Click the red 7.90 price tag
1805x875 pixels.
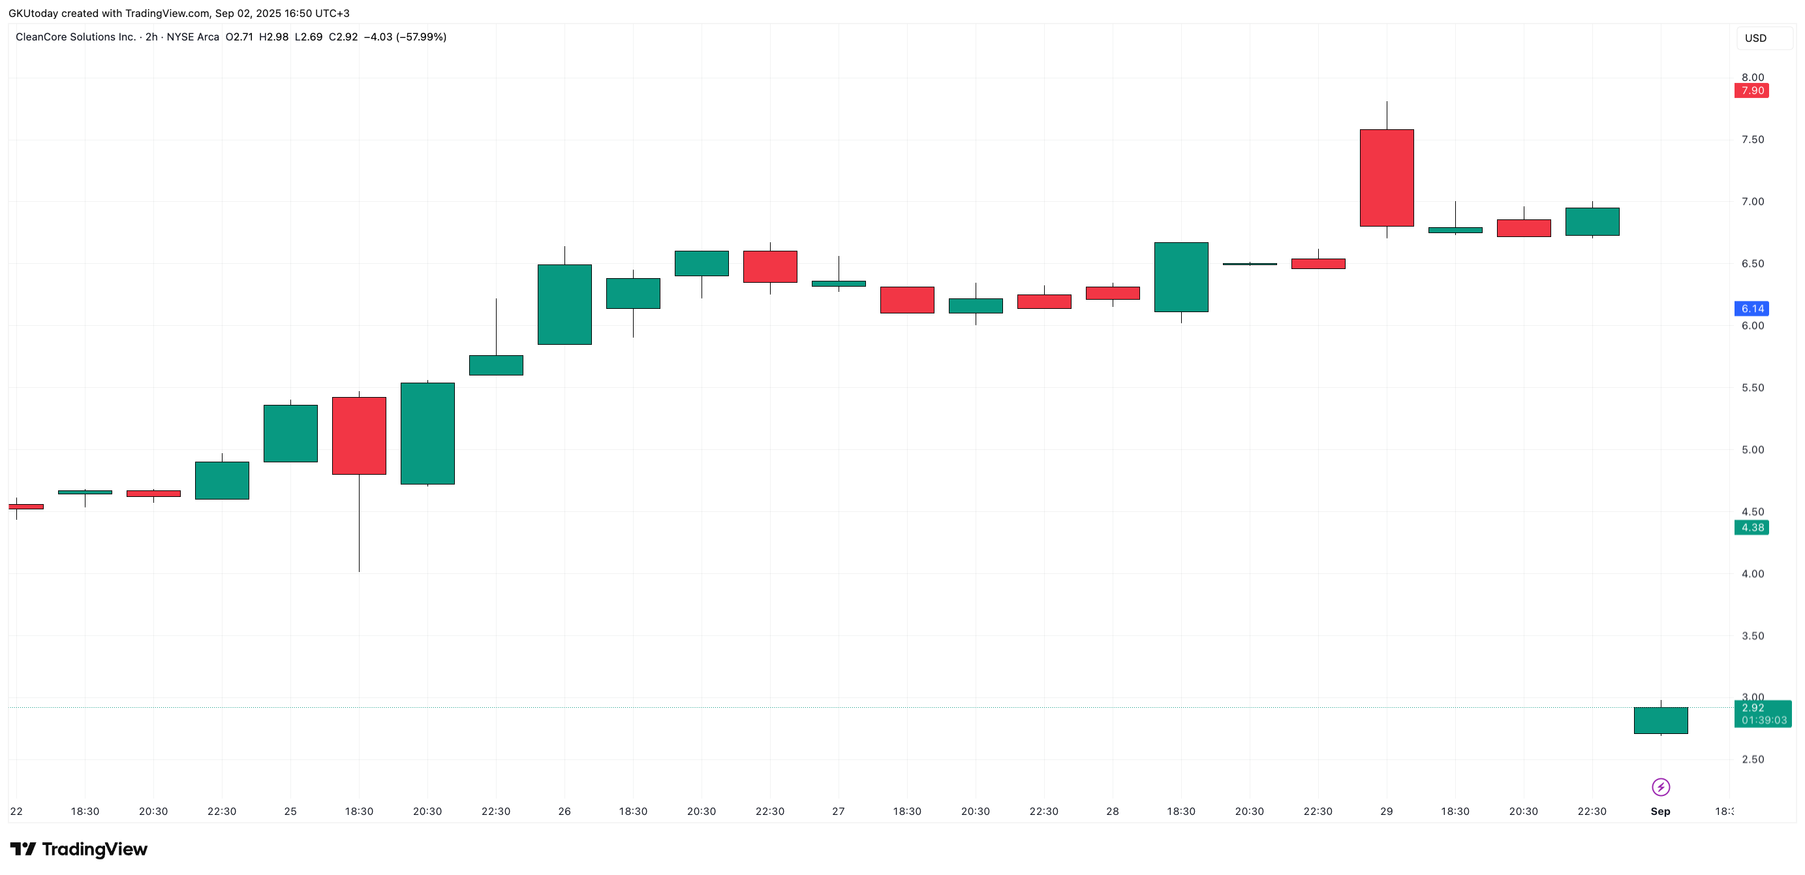tap(1751, 91)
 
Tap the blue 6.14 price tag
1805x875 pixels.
tap(1751, 308)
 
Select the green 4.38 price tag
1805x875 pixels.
tap(1751, 527)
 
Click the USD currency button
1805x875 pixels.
tap(1755, 38)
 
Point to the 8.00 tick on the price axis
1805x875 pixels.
tap(1752, 77)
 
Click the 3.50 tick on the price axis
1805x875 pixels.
tap(1752, 636)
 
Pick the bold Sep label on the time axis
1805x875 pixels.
tap(1660, 811)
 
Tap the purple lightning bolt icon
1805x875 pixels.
tap(1661, 788)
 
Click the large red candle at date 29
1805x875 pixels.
tap(1387, 178)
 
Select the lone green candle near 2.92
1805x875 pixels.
tap(1661, 720)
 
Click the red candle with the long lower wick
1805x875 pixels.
tap(359, 436)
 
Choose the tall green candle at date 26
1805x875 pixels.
tap(564, 304)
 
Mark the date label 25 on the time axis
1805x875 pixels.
tap(290, 811)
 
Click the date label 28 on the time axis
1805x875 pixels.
tap(1112, 811)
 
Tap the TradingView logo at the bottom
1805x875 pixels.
tap(78, 849)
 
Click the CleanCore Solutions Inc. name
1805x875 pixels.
tap(76, 37)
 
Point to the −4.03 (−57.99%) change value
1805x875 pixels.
tap(405, 37)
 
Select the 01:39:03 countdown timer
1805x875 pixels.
tap(1764, 720)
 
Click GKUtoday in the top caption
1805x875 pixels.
tap(33, 13)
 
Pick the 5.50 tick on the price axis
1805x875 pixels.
tap(1752, 388)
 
